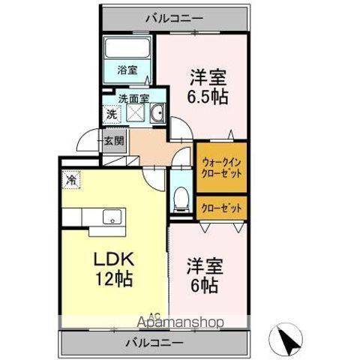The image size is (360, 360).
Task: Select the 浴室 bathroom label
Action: [127, 71]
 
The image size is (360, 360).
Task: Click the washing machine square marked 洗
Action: [110, 115]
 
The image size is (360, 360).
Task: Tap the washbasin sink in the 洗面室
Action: [158, 115]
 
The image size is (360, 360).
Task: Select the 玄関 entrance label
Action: [114, 140]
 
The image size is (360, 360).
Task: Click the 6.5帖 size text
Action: [208, 97]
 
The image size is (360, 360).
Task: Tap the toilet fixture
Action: [181, 199]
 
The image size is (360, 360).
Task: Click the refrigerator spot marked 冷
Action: [70, 181]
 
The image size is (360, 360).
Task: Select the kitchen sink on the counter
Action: [110, 217]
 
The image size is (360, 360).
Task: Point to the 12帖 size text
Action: [113, 280]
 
